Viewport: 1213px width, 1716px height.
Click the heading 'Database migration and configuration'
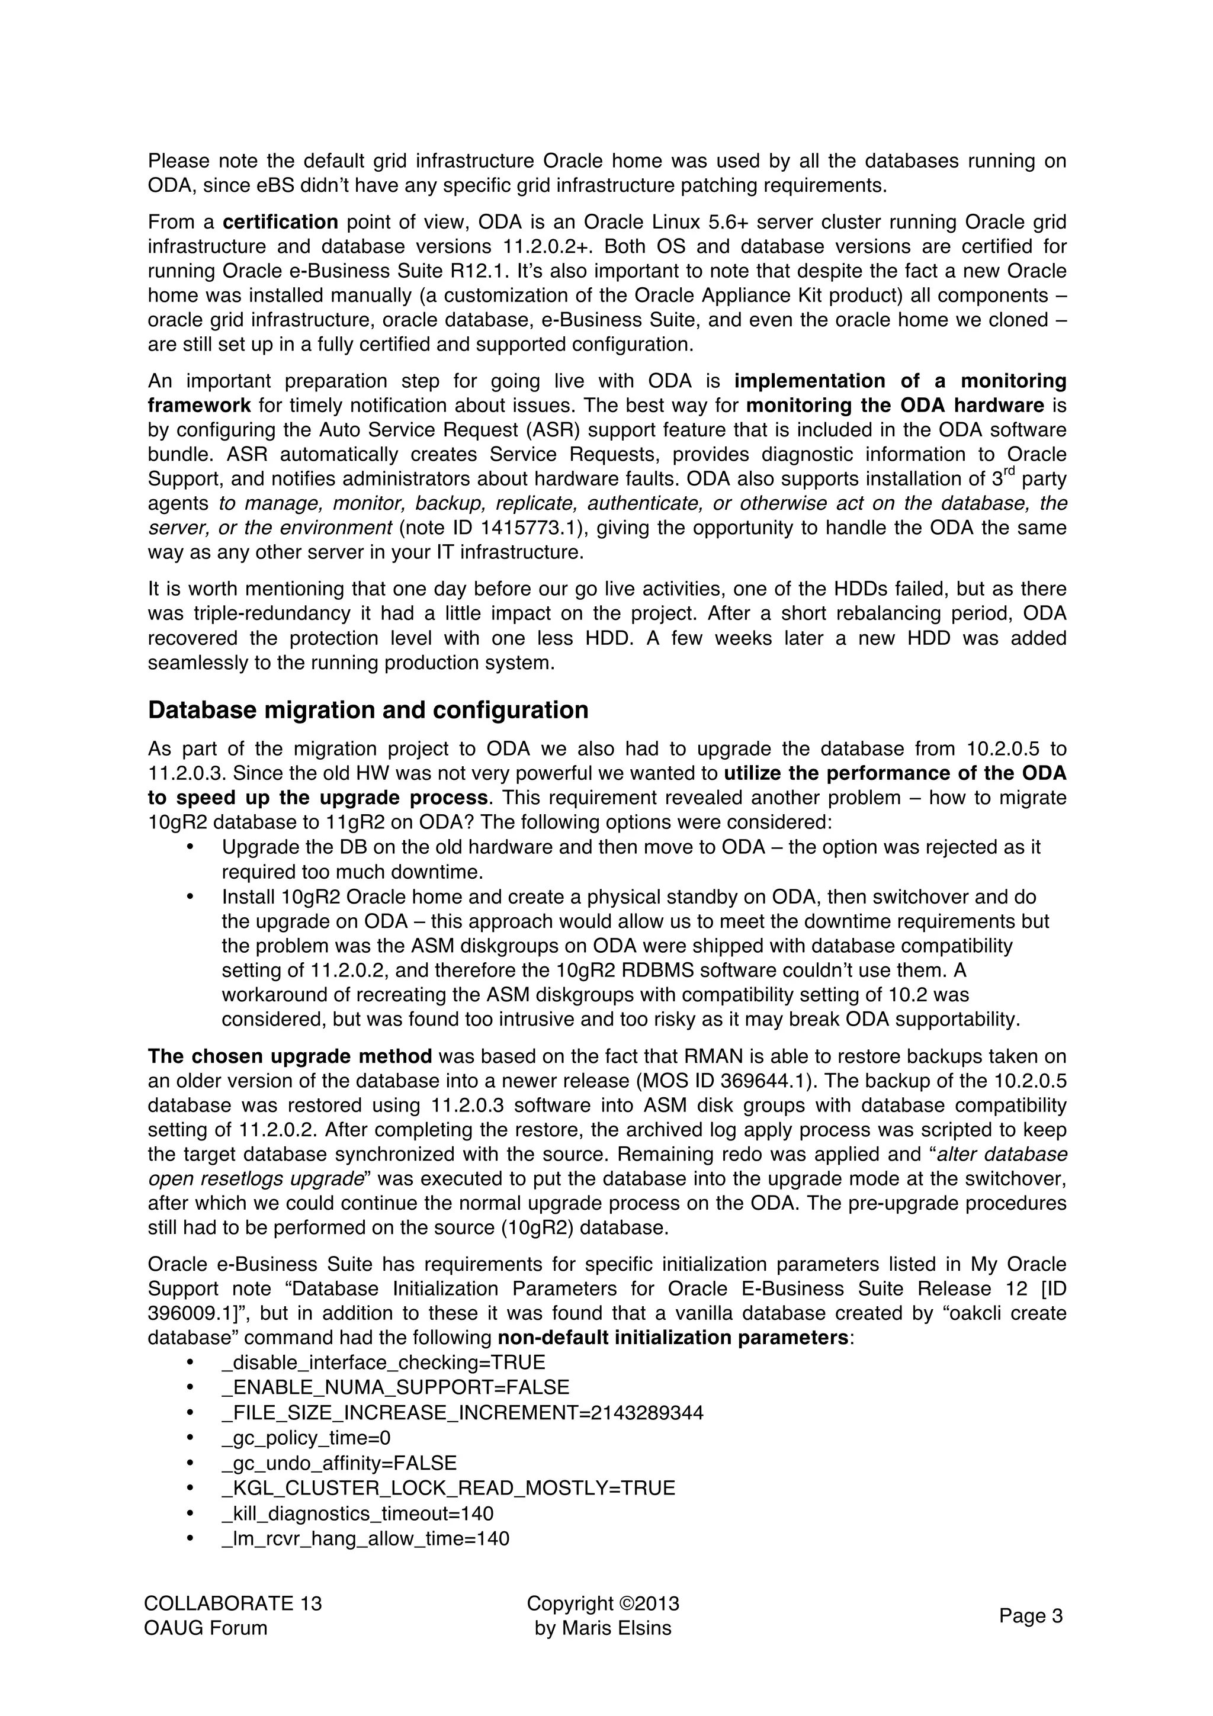click(x=368, y=710)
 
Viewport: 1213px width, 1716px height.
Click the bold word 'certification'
click(x=280, y=222)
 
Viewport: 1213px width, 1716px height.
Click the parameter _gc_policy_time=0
click(x=306, y=1438)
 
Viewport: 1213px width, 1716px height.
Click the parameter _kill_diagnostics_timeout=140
click(x=357, y=1513)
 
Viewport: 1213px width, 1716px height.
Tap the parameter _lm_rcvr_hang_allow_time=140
click(x=365, y=1539)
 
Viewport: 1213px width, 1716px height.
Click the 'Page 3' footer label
click(x=1030, y=1616)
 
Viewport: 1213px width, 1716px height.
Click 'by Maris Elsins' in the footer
click(x=602, y=1628)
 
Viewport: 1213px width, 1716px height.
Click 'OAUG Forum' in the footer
click(x=206, y=1628)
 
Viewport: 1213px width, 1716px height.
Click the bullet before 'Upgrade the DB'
click(x=190, y=847)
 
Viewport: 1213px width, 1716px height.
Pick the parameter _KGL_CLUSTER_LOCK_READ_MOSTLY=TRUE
click(x=448, y=1488)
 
